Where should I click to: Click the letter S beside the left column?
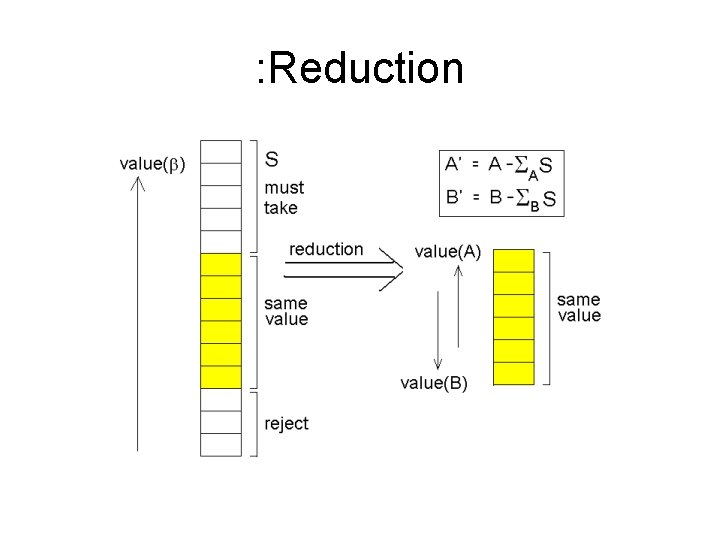click(272, 158)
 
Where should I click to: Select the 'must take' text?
click(284, 197)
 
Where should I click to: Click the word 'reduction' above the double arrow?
click(326, 249)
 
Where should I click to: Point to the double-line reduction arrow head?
click(396, 270)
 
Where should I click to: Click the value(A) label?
click(447, 252)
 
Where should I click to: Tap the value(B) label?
click(433, 382)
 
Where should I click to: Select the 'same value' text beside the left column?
click(286, 311)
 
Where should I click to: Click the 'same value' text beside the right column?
click(579, 307)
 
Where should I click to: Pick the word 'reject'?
click(287, 423)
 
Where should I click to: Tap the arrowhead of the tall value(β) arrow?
click(138, 183)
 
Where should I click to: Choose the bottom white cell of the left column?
click(221, 445)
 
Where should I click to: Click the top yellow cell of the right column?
click(514, 260)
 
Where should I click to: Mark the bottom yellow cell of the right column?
click(514, 373)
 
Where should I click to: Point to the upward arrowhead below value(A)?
click(456, 271)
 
